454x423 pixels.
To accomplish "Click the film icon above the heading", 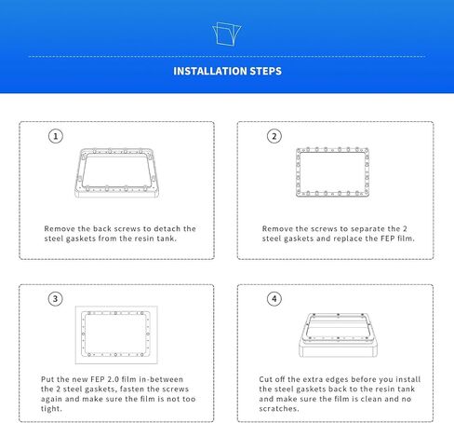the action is point(227,34).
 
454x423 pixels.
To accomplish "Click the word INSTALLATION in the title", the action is point(210,71).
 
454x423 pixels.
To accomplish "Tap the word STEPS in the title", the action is point(266,71).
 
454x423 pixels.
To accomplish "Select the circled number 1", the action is point(56,136).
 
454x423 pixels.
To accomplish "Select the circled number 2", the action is point(274,136).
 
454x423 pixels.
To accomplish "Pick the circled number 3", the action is point(56,299).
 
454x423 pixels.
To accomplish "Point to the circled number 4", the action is point(274,299).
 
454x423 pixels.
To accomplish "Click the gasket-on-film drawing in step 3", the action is point(83,334).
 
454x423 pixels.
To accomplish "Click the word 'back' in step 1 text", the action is point(102,229).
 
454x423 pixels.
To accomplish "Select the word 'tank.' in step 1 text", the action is point(167,239).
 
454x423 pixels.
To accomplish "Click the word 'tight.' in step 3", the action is point(51,409).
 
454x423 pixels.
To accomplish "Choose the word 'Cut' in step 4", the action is point(265,379).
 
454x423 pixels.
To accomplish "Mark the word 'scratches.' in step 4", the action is point(279,409).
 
